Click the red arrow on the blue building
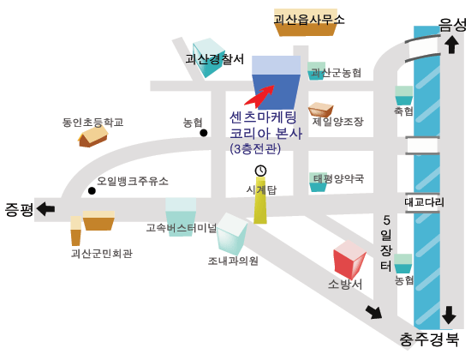[259, 96]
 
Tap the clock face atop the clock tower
[260, 171]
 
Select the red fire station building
[349, 259]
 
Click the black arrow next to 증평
[45, 209]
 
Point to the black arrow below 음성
[451, 45]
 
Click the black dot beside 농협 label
[204, 133]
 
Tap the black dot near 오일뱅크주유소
[92, 190]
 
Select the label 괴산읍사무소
[309, 20]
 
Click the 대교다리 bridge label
[424, 201]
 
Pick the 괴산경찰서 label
[214, 59]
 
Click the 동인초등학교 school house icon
[92, 136]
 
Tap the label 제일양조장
[338, 122]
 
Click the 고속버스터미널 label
[182, 228]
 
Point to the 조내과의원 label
[233, 261]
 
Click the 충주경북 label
[429, 339]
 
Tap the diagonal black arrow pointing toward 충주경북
[373, 312]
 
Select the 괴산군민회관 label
[102, 254]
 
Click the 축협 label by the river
[403, 111]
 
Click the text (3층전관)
[255, 149]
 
